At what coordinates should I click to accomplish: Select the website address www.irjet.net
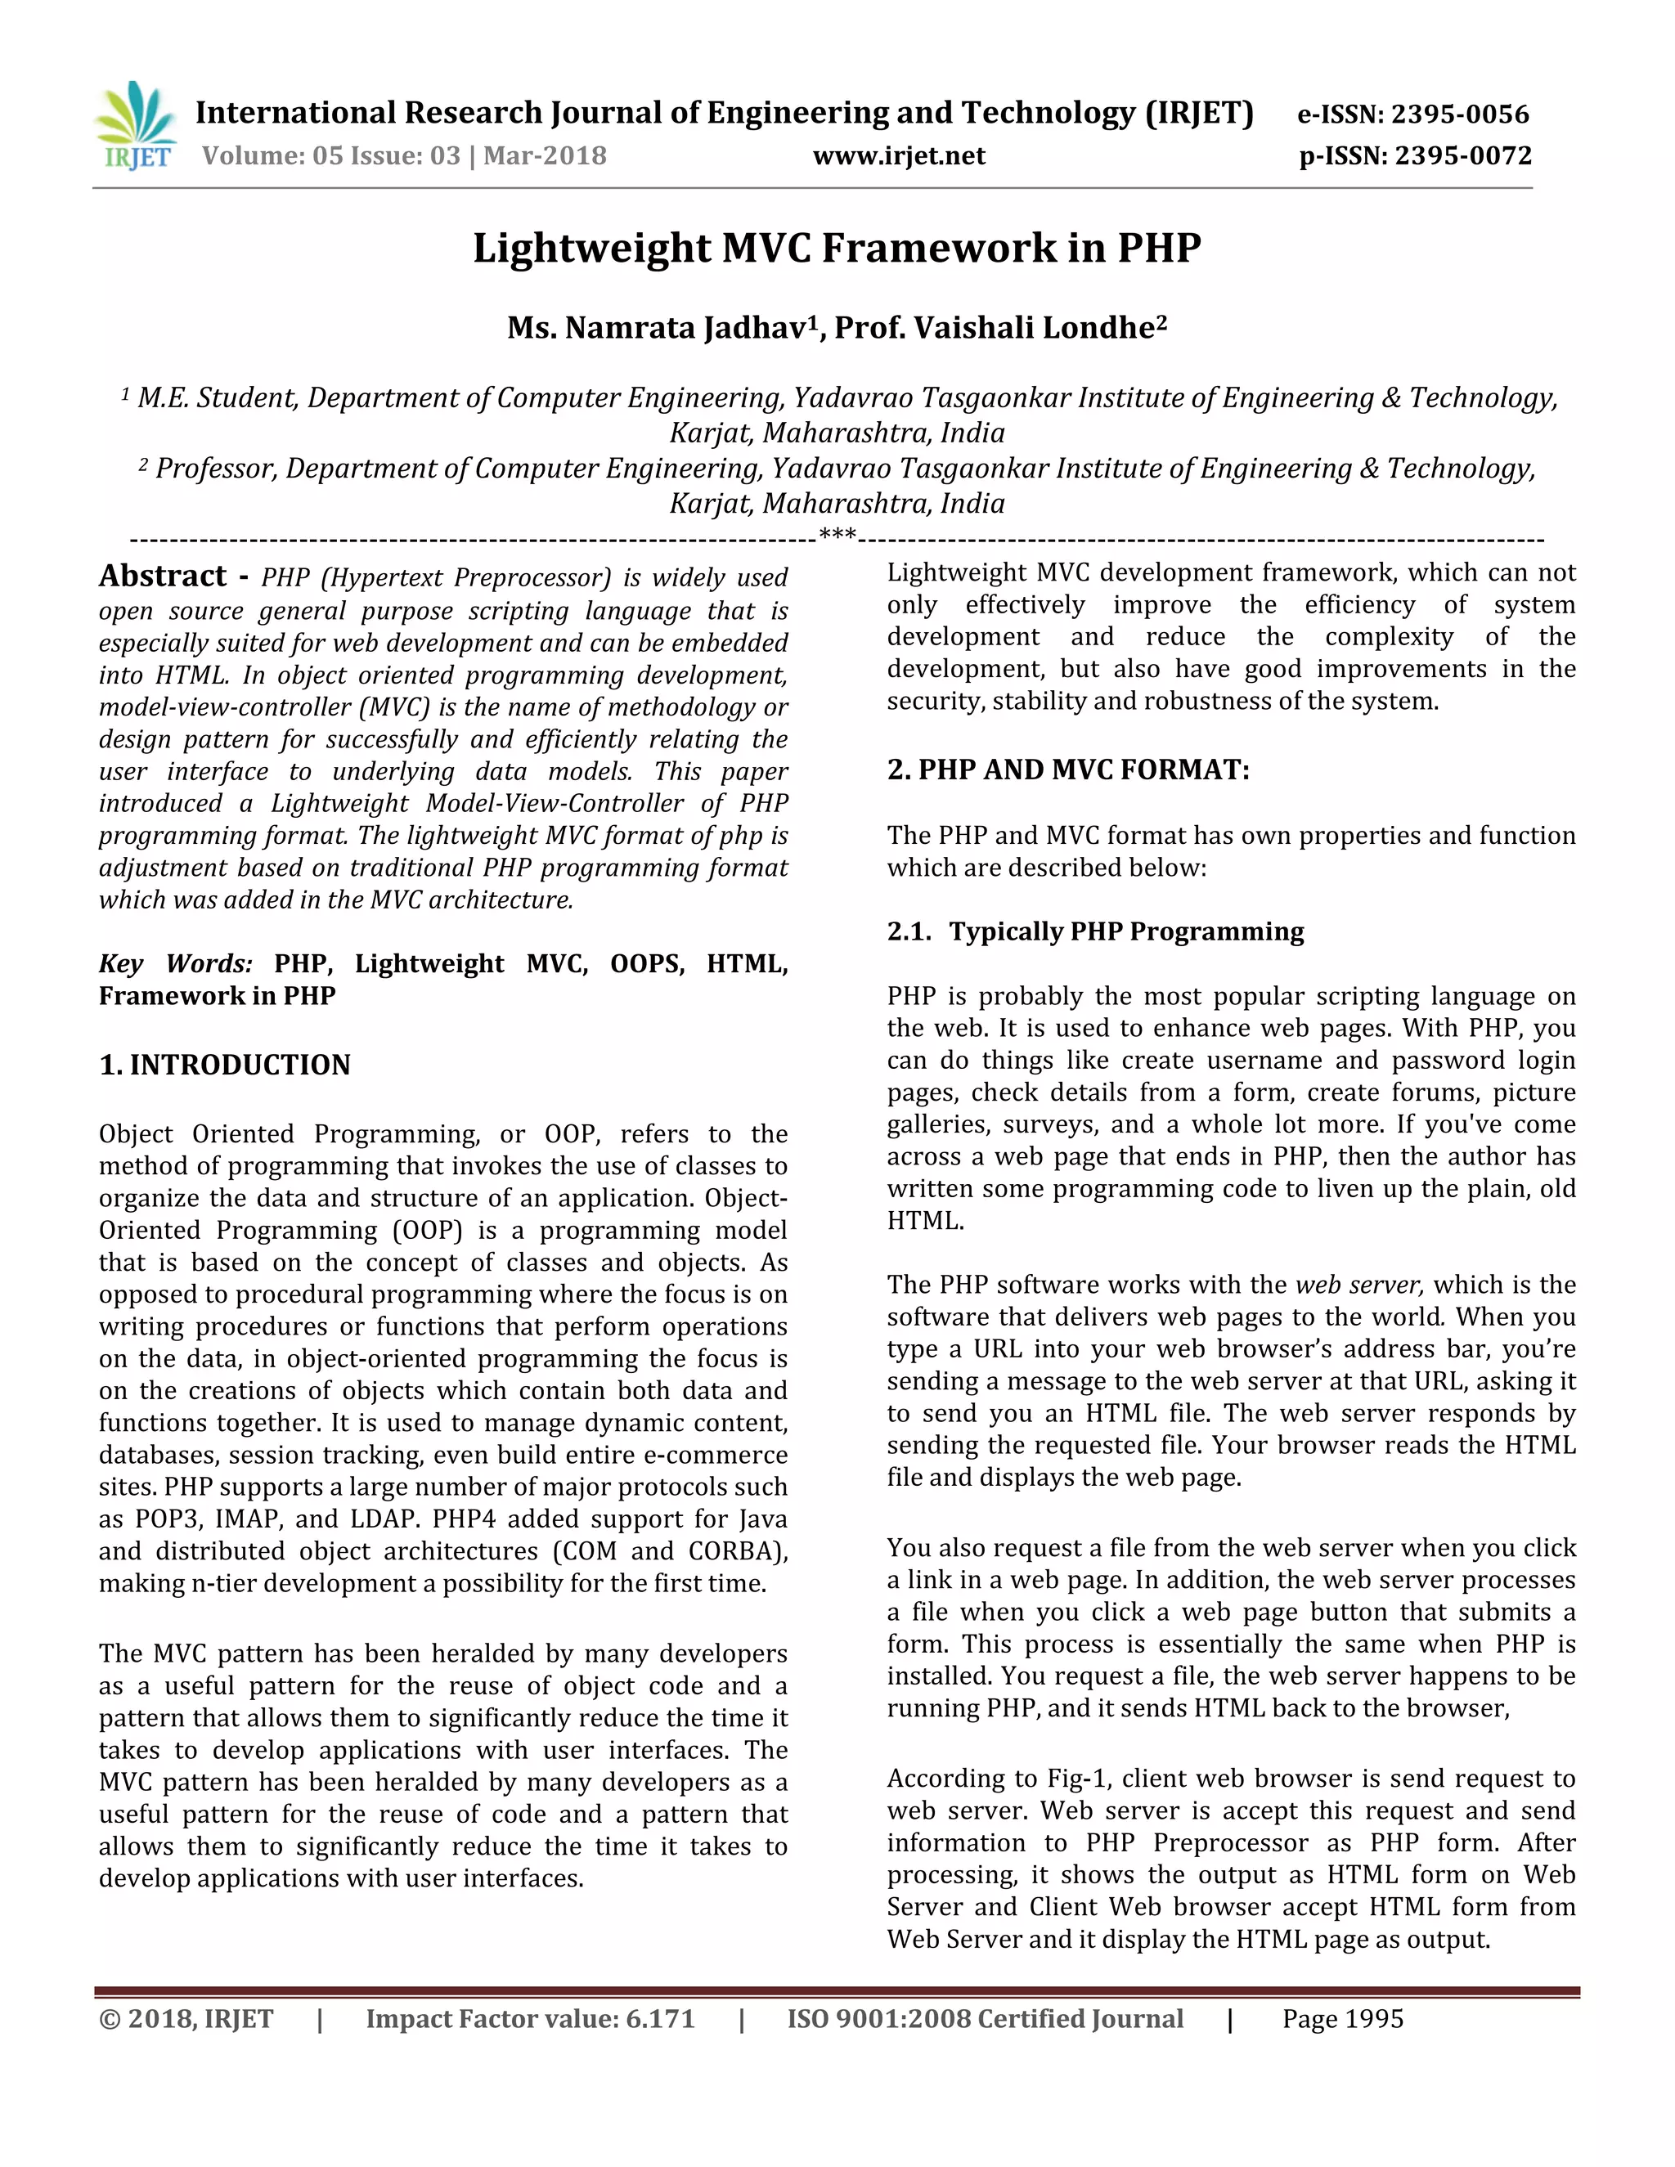coord(899,155)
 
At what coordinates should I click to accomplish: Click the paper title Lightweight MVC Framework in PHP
coord(837,247)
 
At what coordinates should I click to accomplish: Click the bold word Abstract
coord(163,577)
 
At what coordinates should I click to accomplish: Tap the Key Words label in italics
coord(176,963)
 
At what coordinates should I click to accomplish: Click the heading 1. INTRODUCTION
coord(225,1065)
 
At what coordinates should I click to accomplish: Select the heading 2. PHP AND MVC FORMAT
coord(1067,770)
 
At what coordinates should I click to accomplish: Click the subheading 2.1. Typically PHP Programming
coord(1095,931)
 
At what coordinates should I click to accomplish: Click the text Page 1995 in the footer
coord(1343,2019)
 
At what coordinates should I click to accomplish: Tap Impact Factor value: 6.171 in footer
coord(530,2019)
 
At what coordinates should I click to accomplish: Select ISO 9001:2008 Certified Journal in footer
coord(986,2019)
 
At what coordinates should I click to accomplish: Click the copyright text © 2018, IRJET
coord(186,2019)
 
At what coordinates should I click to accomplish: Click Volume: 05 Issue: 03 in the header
coord(331,155)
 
